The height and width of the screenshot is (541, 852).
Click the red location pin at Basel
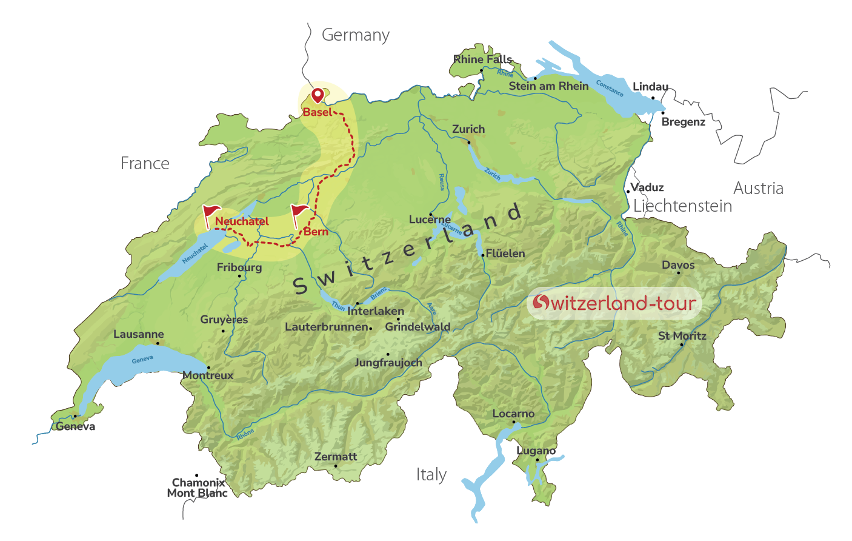[x=317, y=95]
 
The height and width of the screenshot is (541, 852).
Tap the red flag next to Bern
[x=299, y=212]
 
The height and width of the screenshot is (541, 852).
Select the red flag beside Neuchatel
[x=210, y=212]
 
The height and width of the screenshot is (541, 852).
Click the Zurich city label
[x=468, y=129]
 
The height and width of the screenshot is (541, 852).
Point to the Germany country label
[x=355, y=35]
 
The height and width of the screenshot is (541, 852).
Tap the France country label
[x=145, y=164]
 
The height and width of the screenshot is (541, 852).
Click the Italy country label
[x=431, y=474]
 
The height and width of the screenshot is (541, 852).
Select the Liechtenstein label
[x=682, y=206]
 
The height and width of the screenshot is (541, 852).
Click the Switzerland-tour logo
[x=614, y=303]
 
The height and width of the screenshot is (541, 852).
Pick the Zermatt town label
[x=336, y=457]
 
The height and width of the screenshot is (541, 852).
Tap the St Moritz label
[x=682, y=336]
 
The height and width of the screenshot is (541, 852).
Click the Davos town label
[x=678, y=265]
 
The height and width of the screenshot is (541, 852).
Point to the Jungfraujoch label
[x=388, y=363]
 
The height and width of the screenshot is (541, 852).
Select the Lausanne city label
[x=139, y=334]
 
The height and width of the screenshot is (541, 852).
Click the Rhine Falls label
[x=483, y=59]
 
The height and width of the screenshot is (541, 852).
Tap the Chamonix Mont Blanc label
[x=198, y=488]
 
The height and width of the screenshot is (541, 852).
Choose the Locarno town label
[x=513, y=414]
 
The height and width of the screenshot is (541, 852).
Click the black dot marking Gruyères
[x=223, y=331]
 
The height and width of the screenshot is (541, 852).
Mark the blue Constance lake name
[x=610, y=89]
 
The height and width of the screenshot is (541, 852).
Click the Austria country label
[x=758, y=189]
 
